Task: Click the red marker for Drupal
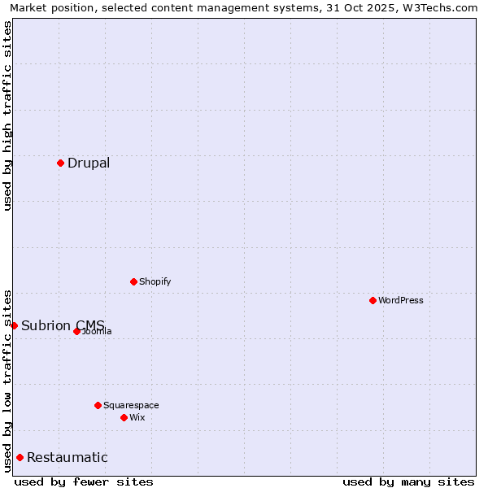[60, 163]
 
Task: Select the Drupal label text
[89, 163]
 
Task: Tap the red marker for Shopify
[133, 281]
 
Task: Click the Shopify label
[155, 281]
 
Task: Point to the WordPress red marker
[373, 300]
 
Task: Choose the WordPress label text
[400, 300]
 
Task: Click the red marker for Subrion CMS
[14, 325]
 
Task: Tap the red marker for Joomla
[76, 331]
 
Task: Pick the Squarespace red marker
[98, 405]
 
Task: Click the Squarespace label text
[131, 405]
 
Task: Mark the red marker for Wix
[124, 417]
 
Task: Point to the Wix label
[137, 417]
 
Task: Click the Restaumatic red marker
[20, 457]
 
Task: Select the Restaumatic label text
[67, 457]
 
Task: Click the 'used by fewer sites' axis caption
[84, 481]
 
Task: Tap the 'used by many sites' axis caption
[408, 481]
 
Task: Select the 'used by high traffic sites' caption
[7, 115]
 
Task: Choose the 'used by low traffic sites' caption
[7, 380]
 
